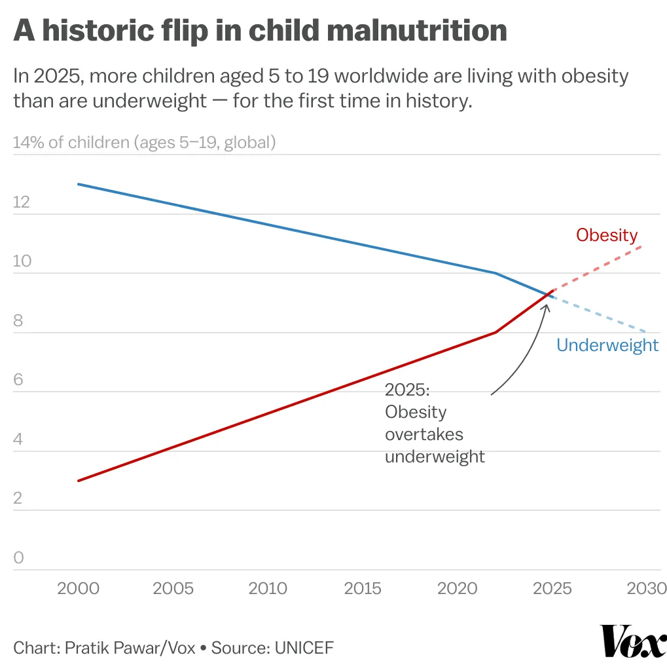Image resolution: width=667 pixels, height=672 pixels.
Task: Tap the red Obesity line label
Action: (x=607, y=235)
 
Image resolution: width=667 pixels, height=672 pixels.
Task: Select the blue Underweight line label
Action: (x=607, y=345)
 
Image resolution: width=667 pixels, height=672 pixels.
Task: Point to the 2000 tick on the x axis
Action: (x=79, y=588)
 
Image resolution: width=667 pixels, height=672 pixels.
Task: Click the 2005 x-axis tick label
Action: (x=173, y=588)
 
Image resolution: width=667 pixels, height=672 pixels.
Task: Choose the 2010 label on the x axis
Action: (x=269, y=588)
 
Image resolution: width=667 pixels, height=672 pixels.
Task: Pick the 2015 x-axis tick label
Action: (x=363, y=588)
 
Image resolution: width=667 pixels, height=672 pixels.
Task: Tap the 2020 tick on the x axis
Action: (x=458, y=588)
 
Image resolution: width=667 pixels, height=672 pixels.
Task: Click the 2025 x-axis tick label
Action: (x=552, y=588)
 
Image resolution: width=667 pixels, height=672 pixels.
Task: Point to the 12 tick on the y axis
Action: (x=22, y=202)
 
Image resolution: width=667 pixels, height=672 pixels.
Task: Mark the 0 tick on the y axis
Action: (x=18, y=558)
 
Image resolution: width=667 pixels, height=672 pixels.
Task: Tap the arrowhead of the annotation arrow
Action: (x=545, y=306)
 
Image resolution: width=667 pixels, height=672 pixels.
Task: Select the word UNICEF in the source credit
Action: (x=304, y=648)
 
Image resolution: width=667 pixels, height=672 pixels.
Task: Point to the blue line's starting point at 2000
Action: (x=79, y=184)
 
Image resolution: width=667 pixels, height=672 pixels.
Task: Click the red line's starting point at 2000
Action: (x=79, y=481)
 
